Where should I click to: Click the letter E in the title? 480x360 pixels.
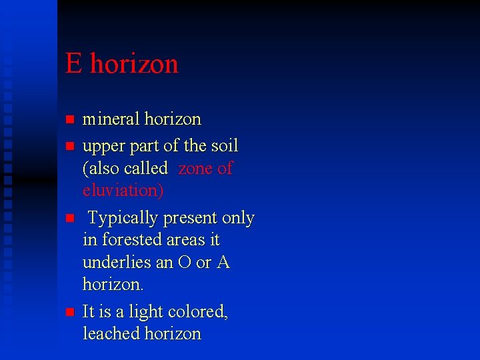click(74, 64)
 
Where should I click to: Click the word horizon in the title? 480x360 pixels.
click(134, 64)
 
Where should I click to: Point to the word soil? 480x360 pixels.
click(224, 145)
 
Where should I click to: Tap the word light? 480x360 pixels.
click(143, 311)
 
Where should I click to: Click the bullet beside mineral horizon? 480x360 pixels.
click(68, 121)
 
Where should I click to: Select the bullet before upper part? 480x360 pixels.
click(68, 146)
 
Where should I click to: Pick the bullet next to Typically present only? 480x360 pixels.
click(68, 218)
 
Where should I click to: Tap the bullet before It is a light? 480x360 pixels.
click(68, 312)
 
